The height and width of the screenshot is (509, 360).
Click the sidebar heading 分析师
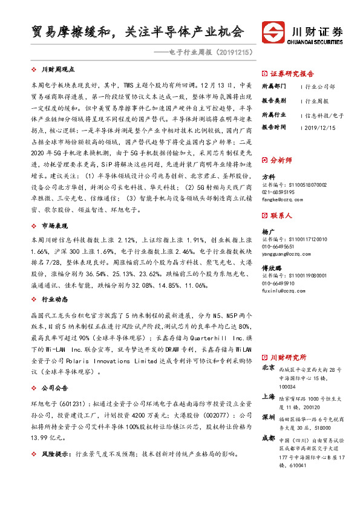point(280,160)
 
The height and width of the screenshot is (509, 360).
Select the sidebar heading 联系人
point(280,215)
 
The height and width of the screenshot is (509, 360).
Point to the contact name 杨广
point(268,231)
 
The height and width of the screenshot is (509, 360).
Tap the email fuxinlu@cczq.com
point(284,291)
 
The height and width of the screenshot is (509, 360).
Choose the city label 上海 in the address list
point(269,397)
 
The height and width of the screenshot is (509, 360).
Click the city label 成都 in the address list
point(269,438)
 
